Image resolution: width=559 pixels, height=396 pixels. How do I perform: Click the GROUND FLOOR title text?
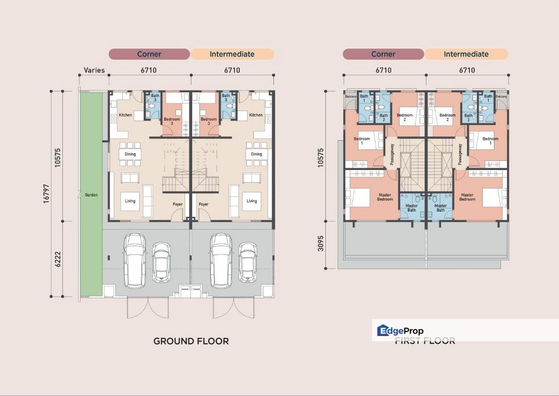[191, 341]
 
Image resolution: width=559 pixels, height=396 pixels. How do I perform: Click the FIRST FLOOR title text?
[425, 341]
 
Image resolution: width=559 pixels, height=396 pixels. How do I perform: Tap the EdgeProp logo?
[399, 331]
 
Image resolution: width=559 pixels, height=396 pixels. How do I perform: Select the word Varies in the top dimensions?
[94, 70]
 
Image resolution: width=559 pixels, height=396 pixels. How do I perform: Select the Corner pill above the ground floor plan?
[149, 54]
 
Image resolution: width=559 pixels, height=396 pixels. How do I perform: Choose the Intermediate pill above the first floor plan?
[466, 54]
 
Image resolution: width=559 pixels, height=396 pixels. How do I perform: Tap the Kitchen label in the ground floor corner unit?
[126, 115]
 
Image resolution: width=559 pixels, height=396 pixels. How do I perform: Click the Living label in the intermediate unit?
[251, 201]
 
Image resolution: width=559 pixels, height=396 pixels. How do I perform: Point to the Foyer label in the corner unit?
[178, 204]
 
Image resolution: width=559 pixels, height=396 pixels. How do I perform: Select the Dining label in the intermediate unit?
[256, 155]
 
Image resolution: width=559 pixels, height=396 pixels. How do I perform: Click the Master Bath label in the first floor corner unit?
[412, 208]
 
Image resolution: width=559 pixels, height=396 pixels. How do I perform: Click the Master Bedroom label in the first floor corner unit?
[385, 196]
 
